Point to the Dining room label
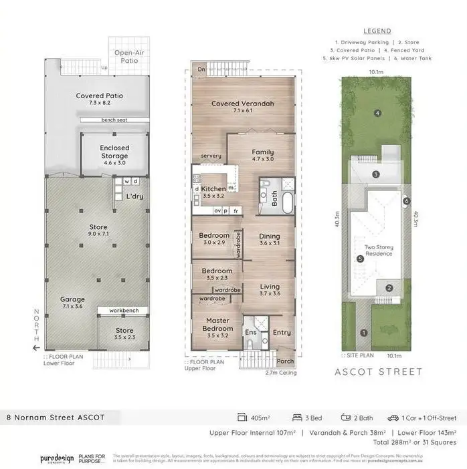(x=270, y=239)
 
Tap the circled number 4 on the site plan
(x=377, y=114)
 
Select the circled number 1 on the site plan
(x=364, y=332)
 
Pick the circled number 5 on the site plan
(x=360, y=259)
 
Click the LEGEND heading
(x=377, y=31)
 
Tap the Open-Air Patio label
(x=126, y=57)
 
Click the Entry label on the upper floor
(x=282, y=333)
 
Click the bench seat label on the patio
(x=114, y=120)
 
